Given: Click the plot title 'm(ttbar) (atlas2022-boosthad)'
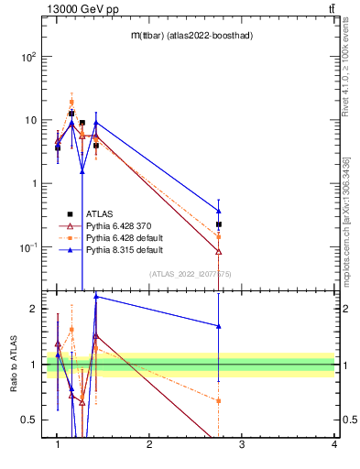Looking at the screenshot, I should tap(191, 35).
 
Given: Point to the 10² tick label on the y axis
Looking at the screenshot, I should tap(28, 57).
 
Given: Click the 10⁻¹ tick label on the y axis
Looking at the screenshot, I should tap(28, 247).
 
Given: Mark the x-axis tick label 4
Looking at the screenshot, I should tap(334, 444).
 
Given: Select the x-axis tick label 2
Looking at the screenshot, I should tap(149, 444).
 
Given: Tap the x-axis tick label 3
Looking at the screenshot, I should tap(242, 444).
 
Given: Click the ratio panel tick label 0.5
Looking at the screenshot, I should tap(29, 420).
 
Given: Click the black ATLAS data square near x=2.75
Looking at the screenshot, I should tap(219, 224).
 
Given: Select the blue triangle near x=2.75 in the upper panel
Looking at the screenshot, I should tap(219, 211).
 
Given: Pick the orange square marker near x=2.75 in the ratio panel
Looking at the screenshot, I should tap(219, 400).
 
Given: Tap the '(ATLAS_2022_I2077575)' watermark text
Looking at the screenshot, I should tap(191, 273).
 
